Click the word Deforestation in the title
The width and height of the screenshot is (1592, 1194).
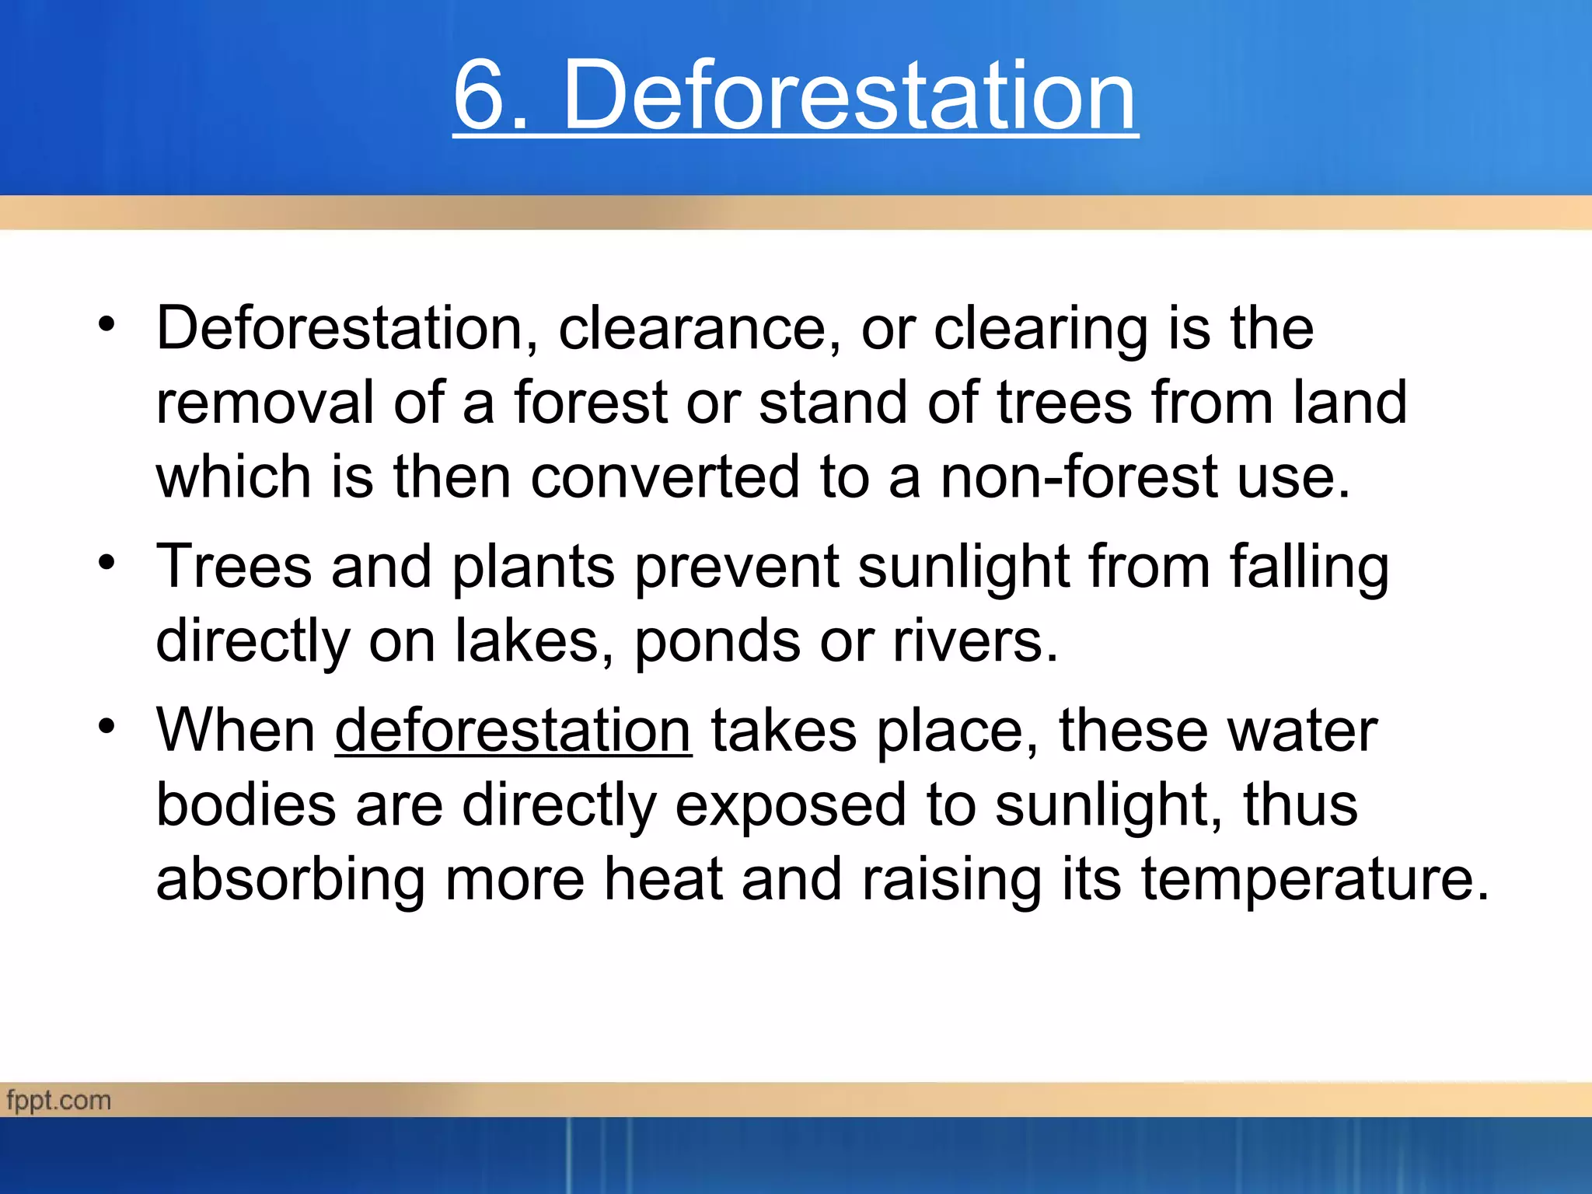pos(850,96)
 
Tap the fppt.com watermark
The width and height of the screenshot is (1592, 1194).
pos(59,1101)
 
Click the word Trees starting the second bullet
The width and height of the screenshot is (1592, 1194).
pos(234,566)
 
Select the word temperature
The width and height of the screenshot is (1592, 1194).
pos(1314,880)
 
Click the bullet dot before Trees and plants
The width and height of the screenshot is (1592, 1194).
pos(107,561)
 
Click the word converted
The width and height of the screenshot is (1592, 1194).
pos(665,477)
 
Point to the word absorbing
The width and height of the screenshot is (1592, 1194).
pos(291,881)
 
